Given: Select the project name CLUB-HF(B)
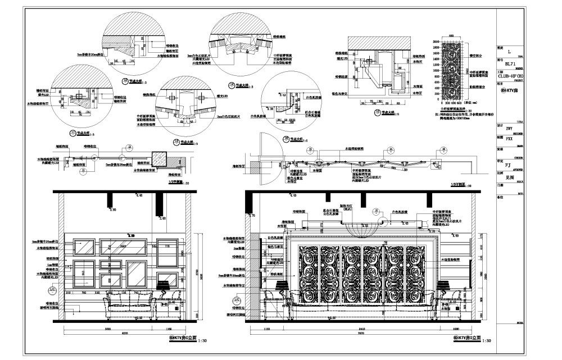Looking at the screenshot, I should [x=510, y=75].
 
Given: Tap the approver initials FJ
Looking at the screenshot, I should [x=508, y=166].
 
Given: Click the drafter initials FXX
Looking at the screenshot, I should [x=509, y=137].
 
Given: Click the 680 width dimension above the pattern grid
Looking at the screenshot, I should [x=451, y=37].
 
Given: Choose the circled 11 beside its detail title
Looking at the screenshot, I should [x=72, y=133].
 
